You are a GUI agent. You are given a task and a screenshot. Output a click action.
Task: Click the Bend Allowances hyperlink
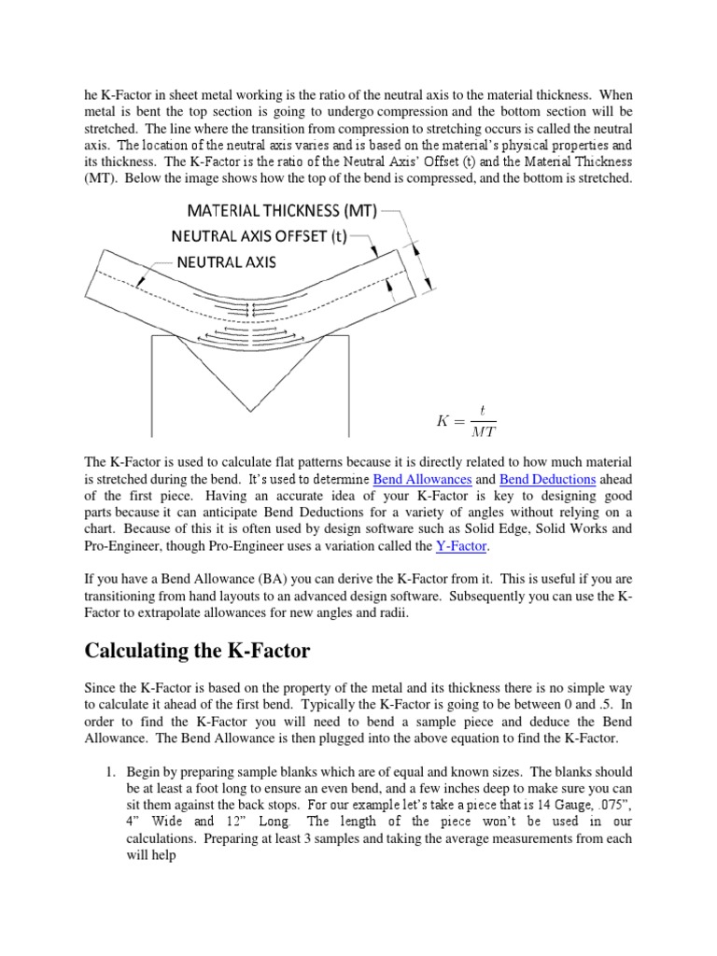pos(422,478)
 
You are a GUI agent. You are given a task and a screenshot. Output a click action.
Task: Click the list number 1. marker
pos(109,771)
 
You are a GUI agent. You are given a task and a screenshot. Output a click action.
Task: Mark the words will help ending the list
pos(154,855)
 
